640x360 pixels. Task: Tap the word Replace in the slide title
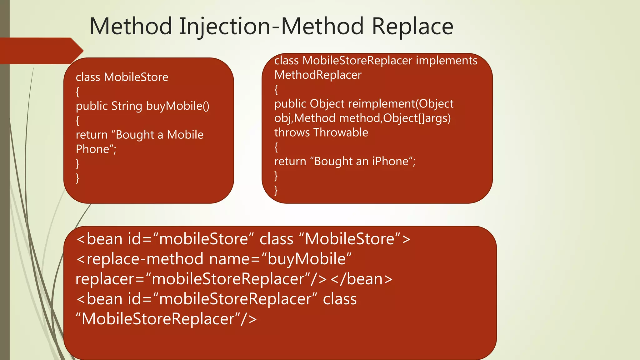[x=412, y=26]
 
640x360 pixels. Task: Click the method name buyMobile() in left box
[x=177, y=106]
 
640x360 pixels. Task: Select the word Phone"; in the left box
[x=96, y=149]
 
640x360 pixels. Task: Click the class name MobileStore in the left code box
[x=136, y=77]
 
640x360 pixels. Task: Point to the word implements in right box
[x=447, y=61]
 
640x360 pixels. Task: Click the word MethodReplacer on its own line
[x=317, y=75]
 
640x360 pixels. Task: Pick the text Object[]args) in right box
[x=417, y=118]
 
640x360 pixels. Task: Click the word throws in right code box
[x=292, y=132]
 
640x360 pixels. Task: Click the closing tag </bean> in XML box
[x=361, y=279]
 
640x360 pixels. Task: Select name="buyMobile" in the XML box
[x=280, y=259]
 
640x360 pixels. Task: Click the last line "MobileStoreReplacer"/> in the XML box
[x=166, y=319]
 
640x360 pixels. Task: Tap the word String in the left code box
[x=127, y=106]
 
